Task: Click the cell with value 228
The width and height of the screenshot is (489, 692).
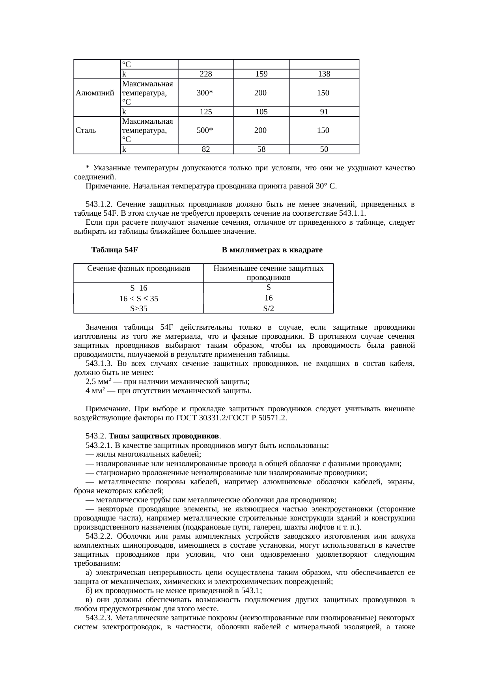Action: click(x=205, y=74)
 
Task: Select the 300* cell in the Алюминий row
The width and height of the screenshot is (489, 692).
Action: click(x=205, y=93)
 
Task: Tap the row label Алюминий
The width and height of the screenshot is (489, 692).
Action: click(x=95, y=93)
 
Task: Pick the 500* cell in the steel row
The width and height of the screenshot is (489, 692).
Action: click(x=205, y=130)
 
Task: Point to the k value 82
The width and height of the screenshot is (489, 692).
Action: click(x=205, y=149)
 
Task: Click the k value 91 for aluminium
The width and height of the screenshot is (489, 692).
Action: click(x=324, y=112)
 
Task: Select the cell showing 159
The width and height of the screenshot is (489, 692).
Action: click(x=261, y=74)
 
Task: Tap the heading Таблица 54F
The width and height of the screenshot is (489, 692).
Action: click(x=114, y=250)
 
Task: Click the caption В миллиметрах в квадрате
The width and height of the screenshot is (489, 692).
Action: click(x=272, y=250)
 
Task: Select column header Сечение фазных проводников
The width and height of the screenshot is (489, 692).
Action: click(x=139, y=269)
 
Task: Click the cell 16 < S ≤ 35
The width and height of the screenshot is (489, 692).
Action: click(x=139, y=299)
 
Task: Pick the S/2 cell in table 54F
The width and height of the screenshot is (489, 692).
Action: click(x=268, y=308)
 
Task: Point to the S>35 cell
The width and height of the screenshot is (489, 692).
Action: click(x=139, y=308)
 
